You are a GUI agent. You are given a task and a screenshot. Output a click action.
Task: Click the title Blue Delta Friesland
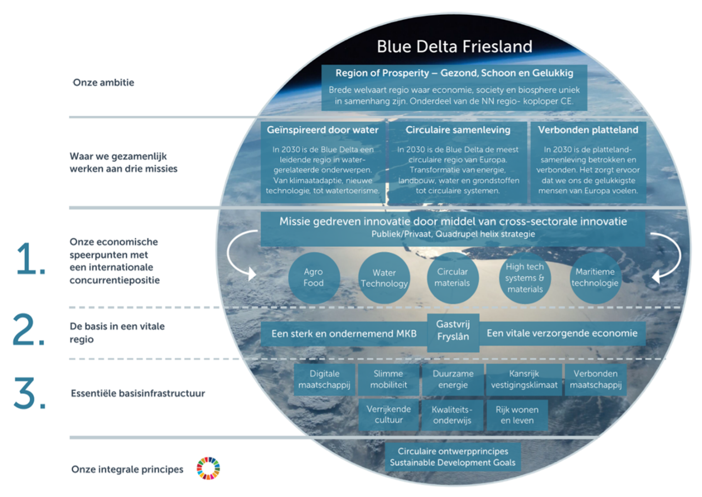click(x=454, y=47)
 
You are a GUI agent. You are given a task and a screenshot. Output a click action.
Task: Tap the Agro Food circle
click(x=314, y=278)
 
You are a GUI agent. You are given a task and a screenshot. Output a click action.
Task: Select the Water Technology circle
click(x=384, y=278)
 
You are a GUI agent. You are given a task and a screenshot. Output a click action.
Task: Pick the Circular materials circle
click(x=452, y=278)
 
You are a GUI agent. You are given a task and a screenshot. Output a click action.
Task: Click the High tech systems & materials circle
click(x=525, y=278)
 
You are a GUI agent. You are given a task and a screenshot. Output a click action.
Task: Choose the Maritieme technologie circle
click(x=595, y=278)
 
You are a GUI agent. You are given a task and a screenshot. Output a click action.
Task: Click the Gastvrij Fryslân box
click(x=453, y=331)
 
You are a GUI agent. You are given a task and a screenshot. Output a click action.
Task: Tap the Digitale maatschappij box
click(x=324, y=379)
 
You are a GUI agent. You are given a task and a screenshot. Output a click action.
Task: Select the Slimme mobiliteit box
click(x=388, y=379)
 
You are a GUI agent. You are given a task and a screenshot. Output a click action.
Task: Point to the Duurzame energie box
click(x=453, y=379)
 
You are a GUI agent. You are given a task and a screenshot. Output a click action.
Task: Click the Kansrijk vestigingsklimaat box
click(x=524, y=379)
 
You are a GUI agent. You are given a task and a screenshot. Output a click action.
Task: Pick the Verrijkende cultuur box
click(x=389, y=414)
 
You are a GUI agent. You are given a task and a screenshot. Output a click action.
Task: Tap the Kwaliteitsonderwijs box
click(x=452, y=415)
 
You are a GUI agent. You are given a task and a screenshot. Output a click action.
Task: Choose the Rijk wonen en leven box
click(x=517, y=415)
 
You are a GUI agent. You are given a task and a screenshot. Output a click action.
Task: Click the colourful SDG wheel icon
click(x=208, y=468)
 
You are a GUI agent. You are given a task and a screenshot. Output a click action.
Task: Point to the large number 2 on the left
click(x=29, y=330)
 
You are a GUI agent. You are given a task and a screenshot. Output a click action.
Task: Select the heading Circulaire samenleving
click(x=458, y=130)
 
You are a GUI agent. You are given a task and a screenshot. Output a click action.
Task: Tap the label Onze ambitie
click(x=104, y=83)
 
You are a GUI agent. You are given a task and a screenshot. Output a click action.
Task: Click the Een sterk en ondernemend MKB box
click(x=344, y=334)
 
